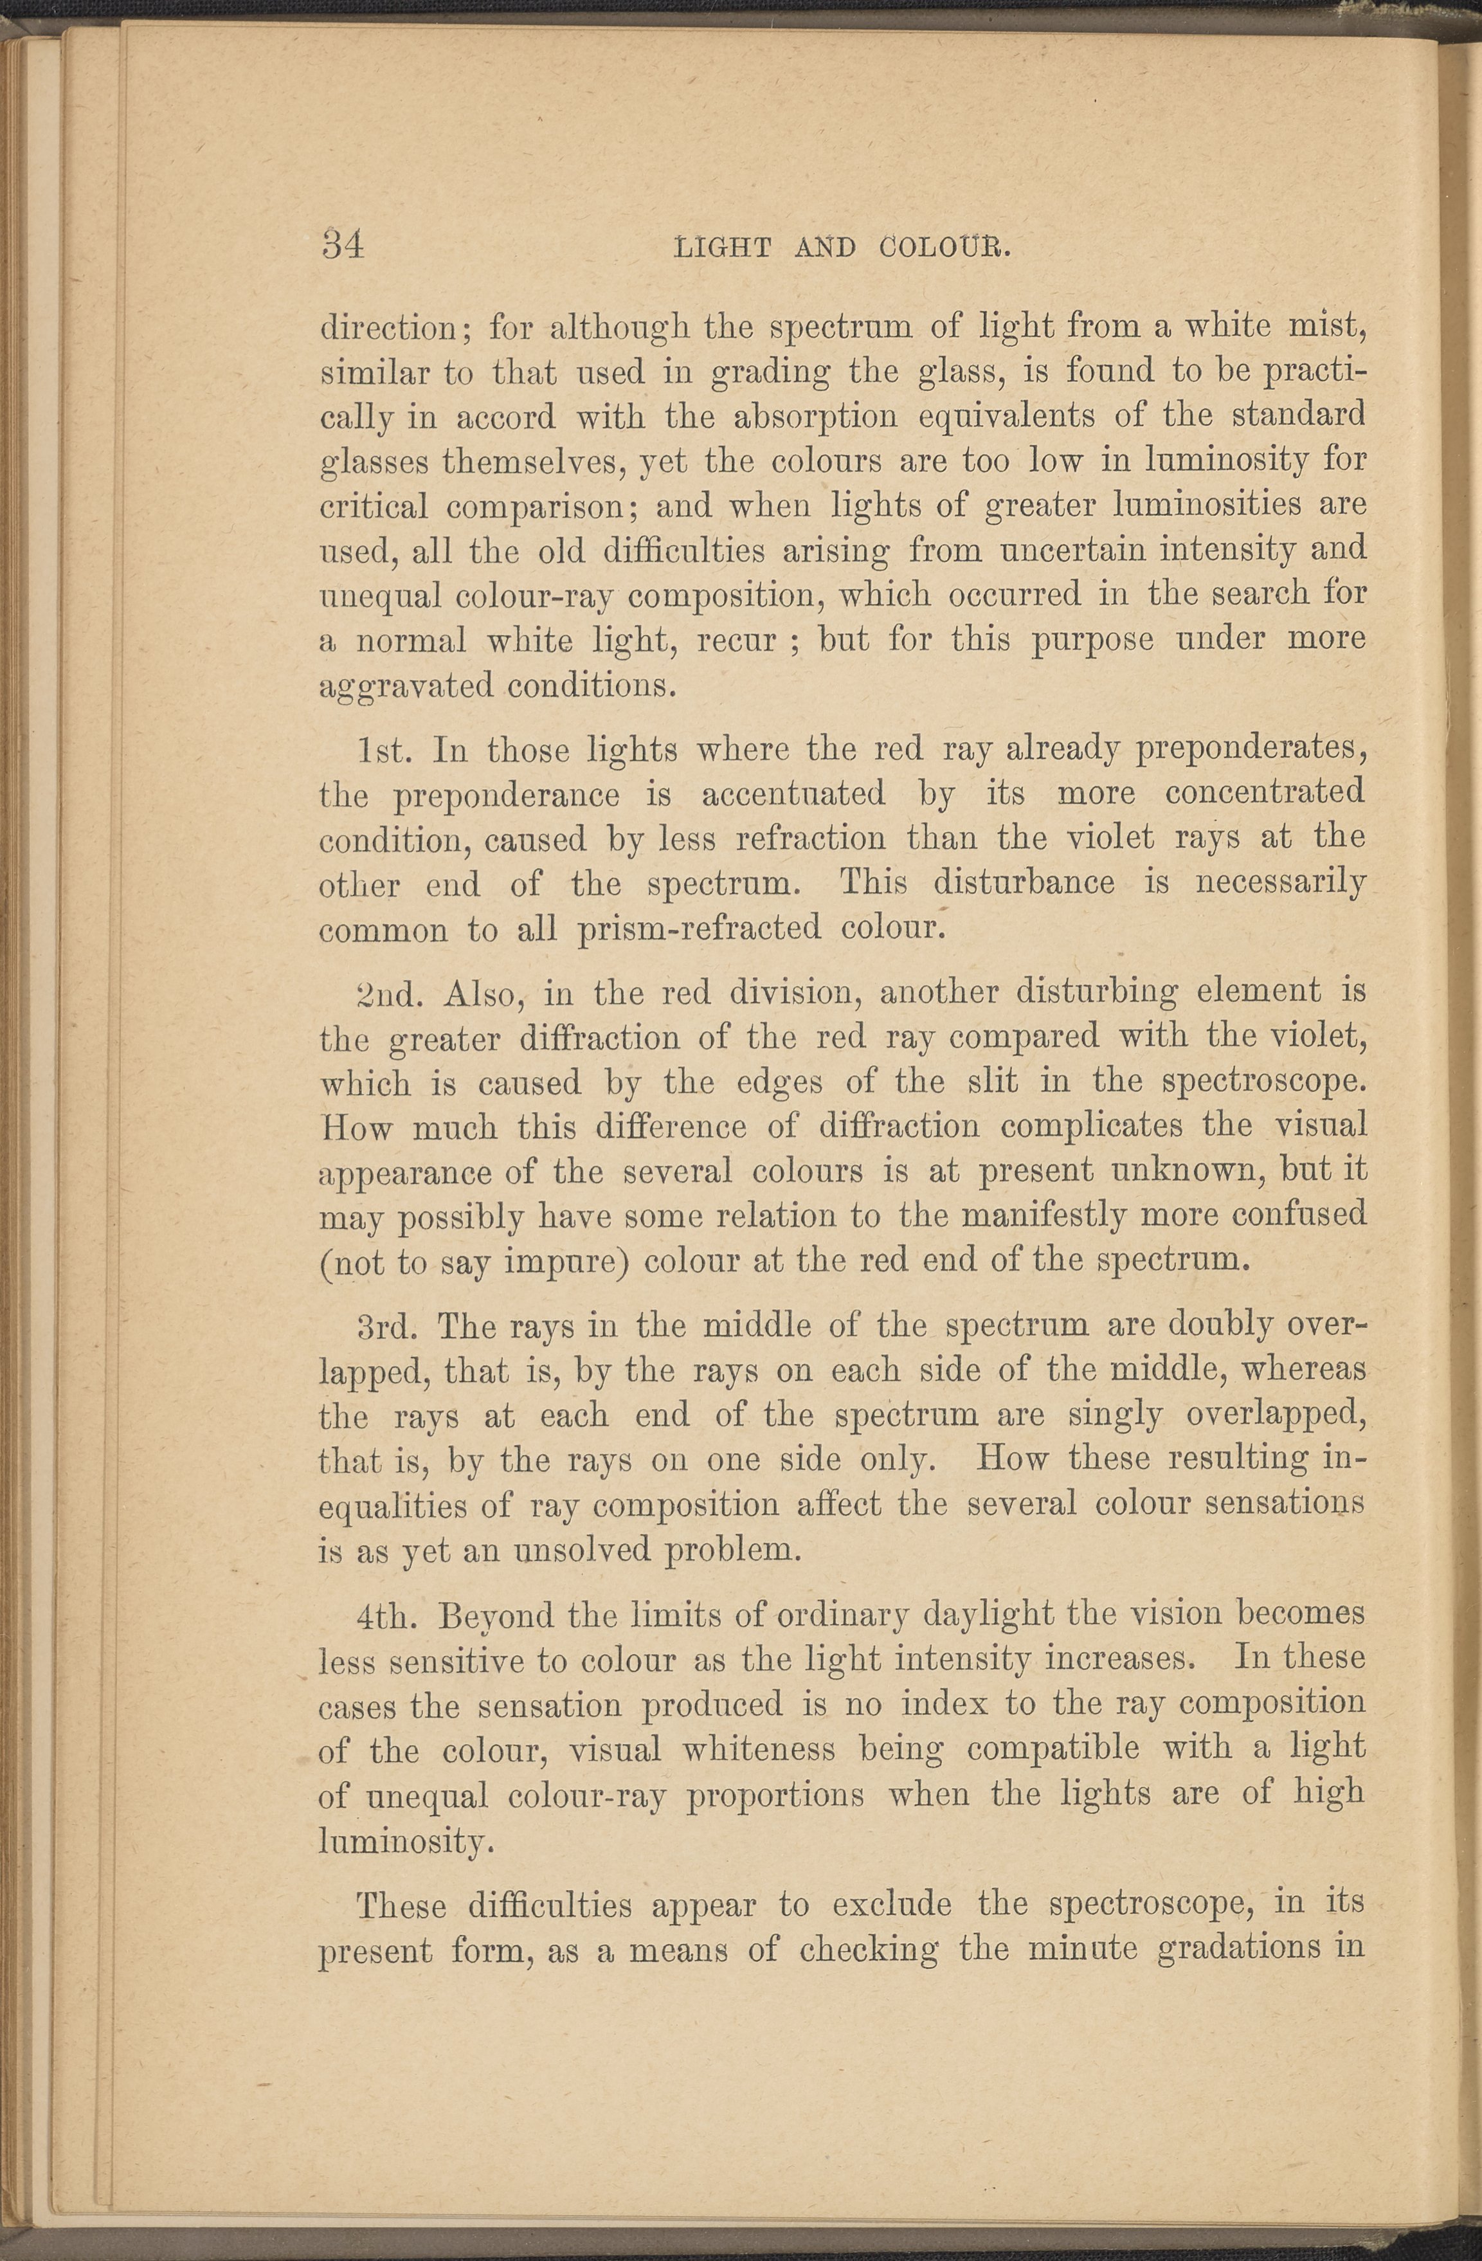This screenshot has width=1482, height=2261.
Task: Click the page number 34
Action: (343, 246)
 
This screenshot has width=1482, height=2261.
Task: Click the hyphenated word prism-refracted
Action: (699, 928)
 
